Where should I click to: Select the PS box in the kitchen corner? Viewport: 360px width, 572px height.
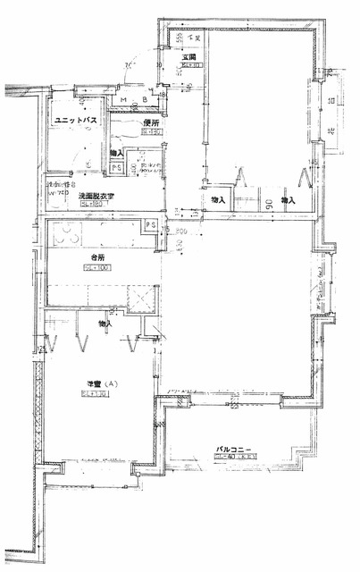coord(151,224)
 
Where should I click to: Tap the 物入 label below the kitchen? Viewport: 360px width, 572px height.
coord(105,323)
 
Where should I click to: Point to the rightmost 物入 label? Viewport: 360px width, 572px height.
coord(288,201)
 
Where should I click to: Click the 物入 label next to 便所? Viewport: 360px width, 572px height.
coord(116,155)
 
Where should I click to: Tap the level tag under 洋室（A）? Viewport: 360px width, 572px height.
coord(92,395)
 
